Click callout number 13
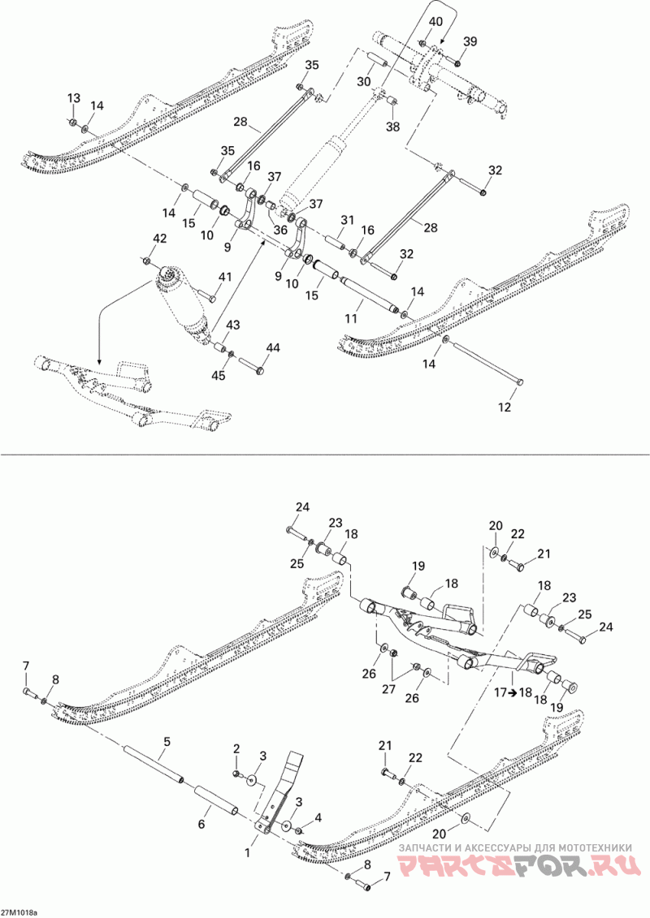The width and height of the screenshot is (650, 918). pyautogui.click(x=73, y=98)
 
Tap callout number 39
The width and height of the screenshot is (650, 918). pyautogui.click(x=470, y=41)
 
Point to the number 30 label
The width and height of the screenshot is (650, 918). pyautogui.click(x=363, y=82)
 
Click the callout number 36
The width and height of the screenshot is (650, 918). pyautogui.click(x=279, y=230)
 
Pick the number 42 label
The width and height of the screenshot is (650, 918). pyautogui.click(x=160, y=238)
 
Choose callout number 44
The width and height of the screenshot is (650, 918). pyautogui.click(x=272, y=348)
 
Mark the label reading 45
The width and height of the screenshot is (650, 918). pyautogui.click(x=217, y=374)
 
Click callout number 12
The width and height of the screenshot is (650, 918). pyautogui.click(x=505, y=407)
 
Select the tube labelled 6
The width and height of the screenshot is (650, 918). pyautogui.click(x=214, y=800)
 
